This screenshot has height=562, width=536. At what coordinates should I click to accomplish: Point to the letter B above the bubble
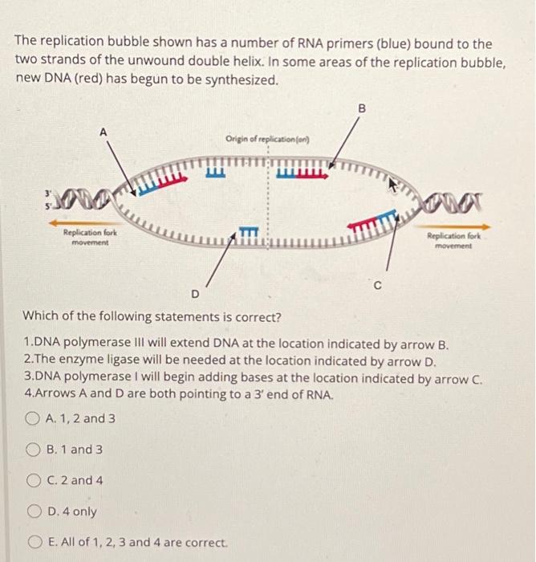pyautogui.click(x=361, y=108)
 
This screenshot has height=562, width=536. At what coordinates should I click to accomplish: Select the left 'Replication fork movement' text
pyautogui.click(x=89, y=236)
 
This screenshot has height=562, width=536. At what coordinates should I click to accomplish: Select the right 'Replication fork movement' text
pyautogui.click(x=454, y=240)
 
